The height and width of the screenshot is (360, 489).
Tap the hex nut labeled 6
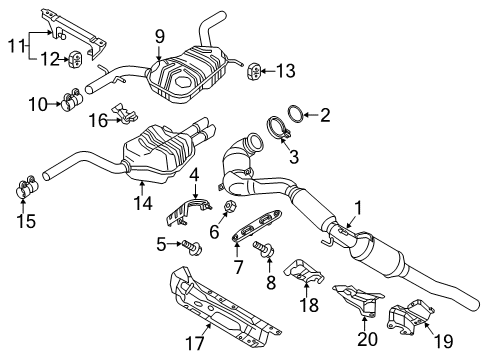click(230, 207)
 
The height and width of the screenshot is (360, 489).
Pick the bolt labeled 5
click(191, 247)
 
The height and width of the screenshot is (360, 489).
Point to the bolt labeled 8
click(264, 249)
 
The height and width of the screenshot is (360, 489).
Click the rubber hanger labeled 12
click(76, 59)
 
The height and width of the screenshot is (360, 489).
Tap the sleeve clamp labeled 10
click(72, 100)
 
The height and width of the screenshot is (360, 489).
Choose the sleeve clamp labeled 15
click(27, 188)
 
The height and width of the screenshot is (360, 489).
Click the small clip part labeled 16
click(125, 113)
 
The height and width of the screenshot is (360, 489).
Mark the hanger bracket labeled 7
click(257, 224)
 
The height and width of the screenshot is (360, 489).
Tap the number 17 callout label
click(194, 343)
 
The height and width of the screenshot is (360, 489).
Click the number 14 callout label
click(143, 203)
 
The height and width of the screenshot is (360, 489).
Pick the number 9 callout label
click(160, 37)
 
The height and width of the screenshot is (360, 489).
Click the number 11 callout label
click(17, 45)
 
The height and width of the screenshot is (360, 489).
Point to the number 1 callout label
click(358, 208)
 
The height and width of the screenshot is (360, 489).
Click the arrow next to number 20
click(365, 323)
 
